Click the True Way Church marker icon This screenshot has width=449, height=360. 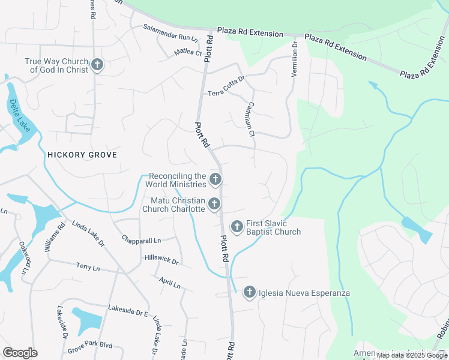click(98, 65)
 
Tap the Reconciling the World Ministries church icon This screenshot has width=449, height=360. click(215, 179)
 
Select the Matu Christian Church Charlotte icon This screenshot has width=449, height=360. click(214, 205)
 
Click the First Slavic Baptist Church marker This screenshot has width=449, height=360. click(237, 227)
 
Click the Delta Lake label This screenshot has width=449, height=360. click(20, 116)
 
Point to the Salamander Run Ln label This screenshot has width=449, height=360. click(170, 33)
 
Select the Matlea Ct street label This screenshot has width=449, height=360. click(188, 53)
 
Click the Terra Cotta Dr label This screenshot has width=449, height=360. click(226, 86)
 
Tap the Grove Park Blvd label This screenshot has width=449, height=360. click(90, 347)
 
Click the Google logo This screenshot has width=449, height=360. click(20, 353)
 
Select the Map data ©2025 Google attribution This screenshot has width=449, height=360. click(411, 355)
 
